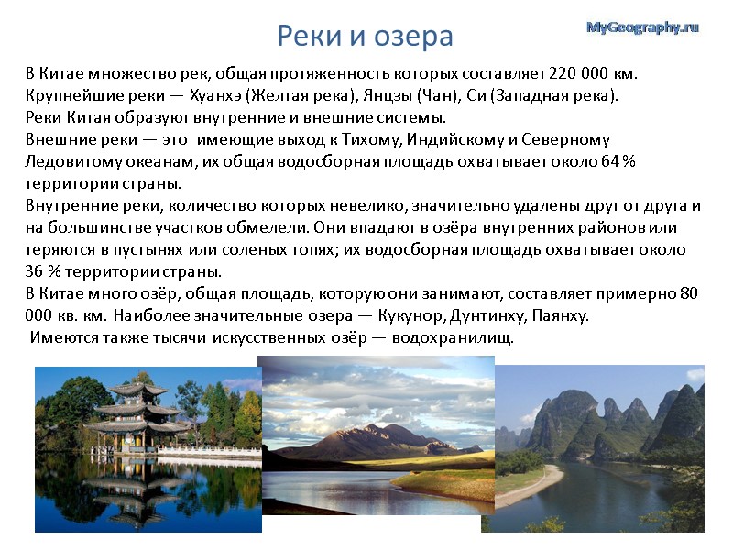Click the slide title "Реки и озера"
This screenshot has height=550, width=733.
(366, 36)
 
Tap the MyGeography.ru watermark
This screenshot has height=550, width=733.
(642, 28)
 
